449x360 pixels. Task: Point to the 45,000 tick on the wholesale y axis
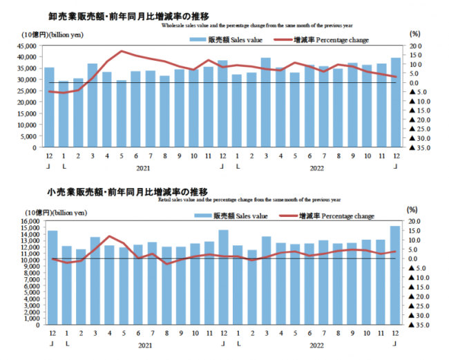point(28,46)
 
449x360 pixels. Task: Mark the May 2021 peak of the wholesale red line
point(122,51)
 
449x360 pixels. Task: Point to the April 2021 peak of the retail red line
point(108,236)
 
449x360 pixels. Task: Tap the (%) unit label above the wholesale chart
point(414,33)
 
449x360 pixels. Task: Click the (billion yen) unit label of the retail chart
point(69,212)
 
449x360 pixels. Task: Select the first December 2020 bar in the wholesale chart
point(49,107)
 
